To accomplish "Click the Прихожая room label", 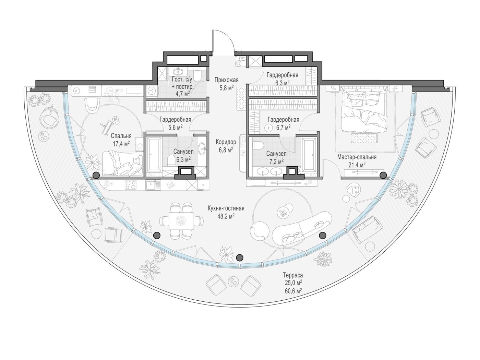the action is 226,80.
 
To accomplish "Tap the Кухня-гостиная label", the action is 226,208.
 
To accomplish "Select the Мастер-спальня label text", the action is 357,157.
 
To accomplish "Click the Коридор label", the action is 226,142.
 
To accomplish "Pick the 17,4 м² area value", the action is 121,144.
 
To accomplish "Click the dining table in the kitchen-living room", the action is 181,220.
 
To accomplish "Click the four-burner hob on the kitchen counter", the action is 131,185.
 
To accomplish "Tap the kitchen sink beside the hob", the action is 151,185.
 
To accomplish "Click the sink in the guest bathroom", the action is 178,71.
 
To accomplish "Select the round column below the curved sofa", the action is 323,235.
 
